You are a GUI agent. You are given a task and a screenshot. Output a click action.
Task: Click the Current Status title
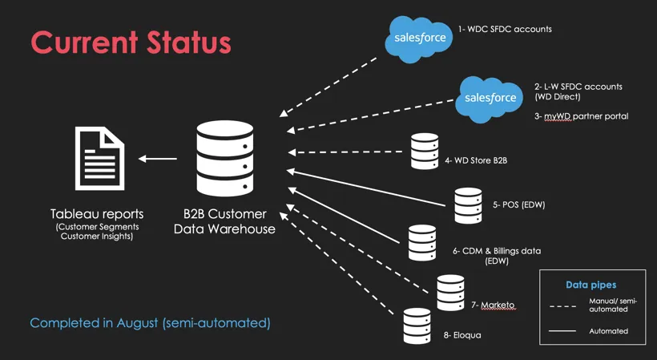[131, 42]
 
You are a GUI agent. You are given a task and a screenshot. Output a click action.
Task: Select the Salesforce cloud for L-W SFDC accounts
[490, 99]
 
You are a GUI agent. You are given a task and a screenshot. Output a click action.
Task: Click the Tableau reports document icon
[99, 159]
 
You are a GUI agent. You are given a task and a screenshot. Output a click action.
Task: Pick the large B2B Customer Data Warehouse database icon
[225, 159]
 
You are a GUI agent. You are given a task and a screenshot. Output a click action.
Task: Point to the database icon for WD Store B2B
[425, 152]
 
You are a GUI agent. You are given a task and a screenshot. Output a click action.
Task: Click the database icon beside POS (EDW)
[468, 205]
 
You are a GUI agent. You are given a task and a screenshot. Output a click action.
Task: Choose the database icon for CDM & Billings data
[422, 243]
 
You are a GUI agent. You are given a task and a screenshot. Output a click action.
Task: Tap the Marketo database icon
[450, 293]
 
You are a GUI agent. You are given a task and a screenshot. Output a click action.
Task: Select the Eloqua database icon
[417, 326]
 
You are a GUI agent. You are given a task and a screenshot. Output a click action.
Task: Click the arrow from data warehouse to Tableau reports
[158, 159]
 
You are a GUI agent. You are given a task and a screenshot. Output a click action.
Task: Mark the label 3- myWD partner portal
[581, 116]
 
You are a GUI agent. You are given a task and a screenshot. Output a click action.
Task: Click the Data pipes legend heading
[590, 285]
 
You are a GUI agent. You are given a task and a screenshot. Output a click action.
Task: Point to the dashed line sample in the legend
[562, 306]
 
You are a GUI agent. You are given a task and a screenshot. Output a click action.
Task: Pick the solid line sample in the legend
[562, 331]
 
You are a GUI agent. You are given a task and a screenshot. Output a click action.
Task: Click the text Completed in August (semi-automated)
[150, 323]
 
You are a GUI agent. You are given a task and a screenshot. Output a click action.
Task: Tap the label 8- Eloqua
[462, 335]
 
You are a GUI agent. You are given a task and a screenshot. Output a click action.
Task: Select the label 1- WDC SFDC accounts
[505, 30]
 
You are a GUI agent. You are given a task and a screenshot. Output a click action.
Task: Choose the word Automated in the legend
[608, 331]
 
